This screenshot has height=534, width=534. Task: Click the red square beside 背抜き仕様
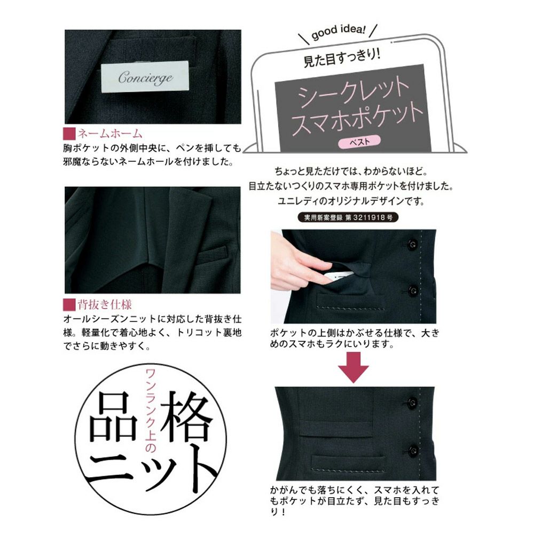[69, 305]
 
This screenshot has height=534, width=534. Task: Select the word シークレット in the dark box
[354, 91]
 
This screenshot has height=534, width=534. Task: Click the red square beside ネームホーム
[69, 133]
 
